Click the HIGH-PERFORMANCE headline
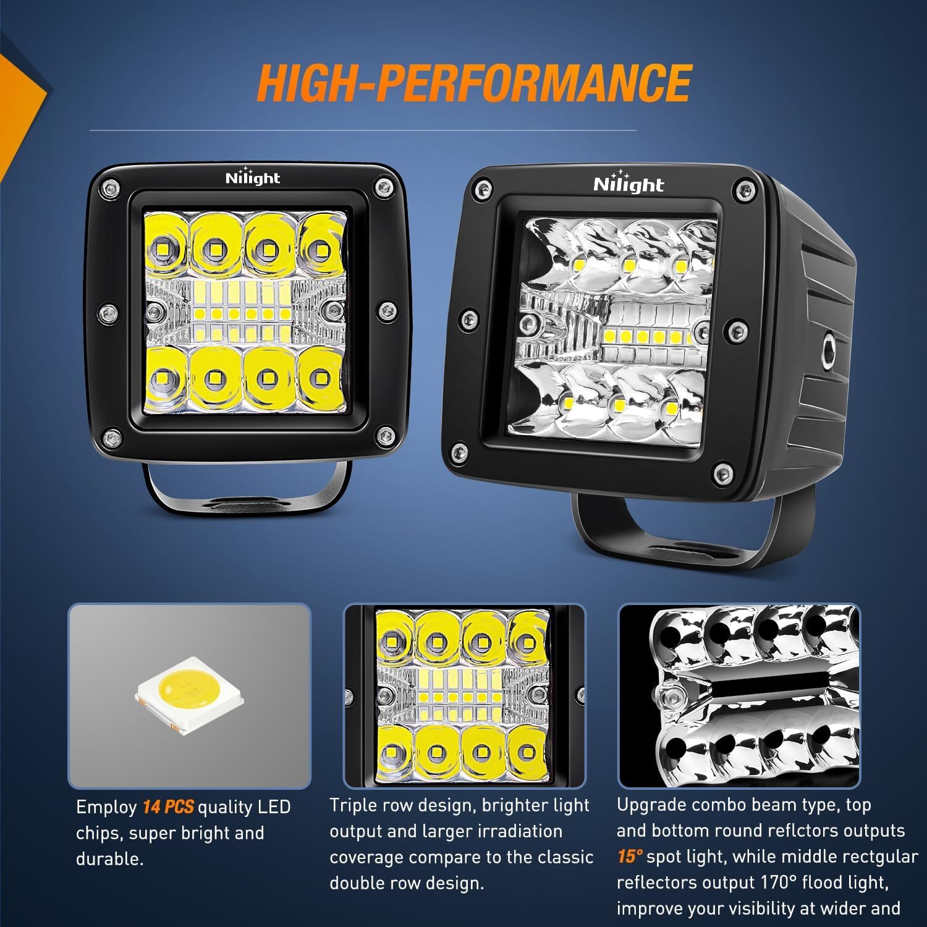[x=473, y=83]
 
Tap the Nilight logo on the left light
[x=252, y=177]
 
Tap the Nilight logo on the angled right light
[x=628, y=184]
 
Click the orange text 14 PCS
[x=168, y=807]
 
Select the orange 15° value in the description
[x=630, y=857]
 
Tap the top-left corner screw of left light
[x=110, y=187]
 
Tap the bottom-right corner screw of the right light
[x=719, y=474]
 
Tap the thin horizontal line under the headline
[x=363, y=130]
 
